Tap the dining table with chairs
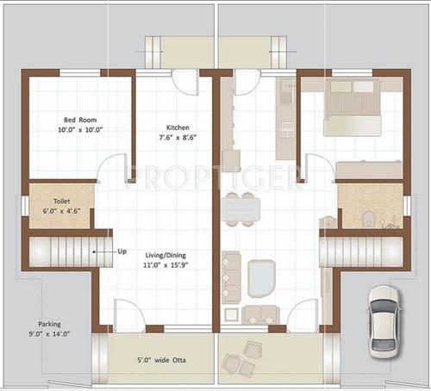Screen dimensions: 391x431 point(238,207)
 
